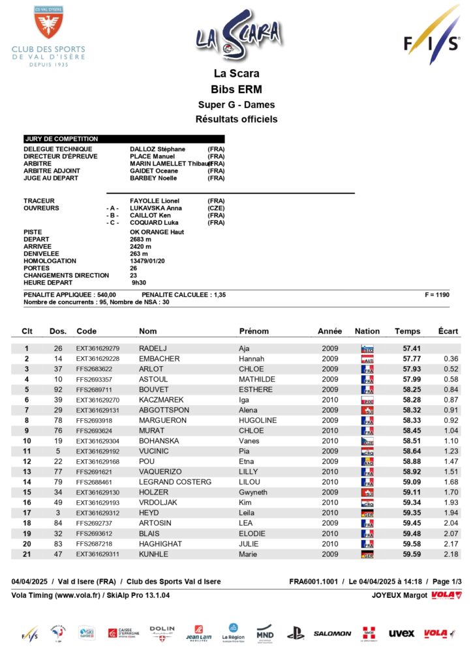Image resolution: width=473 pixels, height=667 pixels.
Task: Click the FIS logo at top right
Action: pyautogui.click(x=431, y=38)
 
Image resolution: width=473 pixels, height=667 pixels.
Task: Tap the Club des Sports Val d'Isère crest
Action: pyautogui.click(x=48, y=23)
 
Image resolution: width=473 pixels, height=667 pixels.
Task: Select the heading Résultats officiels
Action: pyautogui.click(x=236, y=119)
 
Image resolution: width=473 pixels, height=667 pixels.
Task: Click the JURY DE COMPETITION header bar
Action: pyautogui.click(x=124, y=139)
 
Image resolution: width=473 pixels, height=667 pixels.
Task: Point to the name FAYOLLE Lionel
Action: pyautogui.click(x=155, y=201)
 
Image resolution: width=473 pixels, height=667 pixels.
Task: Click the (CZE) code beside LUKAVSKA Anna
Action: pyautogui.click(x=216, y=208)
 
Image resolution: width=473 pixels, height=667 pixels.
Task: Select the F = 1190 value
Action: pyautogui.click(x=436, y=295)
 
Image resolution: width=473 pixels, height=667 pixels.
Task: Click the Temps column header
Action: pyautogui.click(x=408, y=331)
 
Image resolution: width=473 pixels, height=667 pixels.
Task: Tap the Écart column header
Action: pyautogui.click(x=448, y=331)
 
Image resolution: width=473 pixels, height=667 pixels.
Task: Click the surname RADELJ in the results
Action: pyautogui.click(x=153, y=348)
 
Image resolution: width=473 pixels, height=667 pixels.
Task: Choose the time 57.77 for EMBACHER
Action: pyautogui.click(x=412, y=359)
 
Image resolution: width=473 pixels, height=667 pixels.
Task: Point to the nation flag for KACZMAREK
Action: pyautogui.click(x=367, y=400)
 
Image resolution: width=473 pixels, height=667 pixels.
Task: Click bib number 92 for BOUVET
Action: pyautogui.click(x=58, y=390)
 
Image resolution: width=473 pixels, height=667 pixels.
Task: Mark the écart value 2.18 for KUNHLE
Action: pyautogui.click(x=450, y=554)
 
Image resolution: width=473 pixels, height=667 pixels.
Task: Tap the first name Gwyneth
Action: pyautogui.click(x=253, y=492)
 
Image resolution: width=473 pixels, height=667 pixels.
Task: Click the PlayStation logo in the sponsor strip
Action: pyautogui.click(x=296, y=632)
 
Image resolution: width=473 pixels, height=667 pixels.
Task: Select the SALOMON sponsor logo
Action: pyautogui.click(x=333, y=633)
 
